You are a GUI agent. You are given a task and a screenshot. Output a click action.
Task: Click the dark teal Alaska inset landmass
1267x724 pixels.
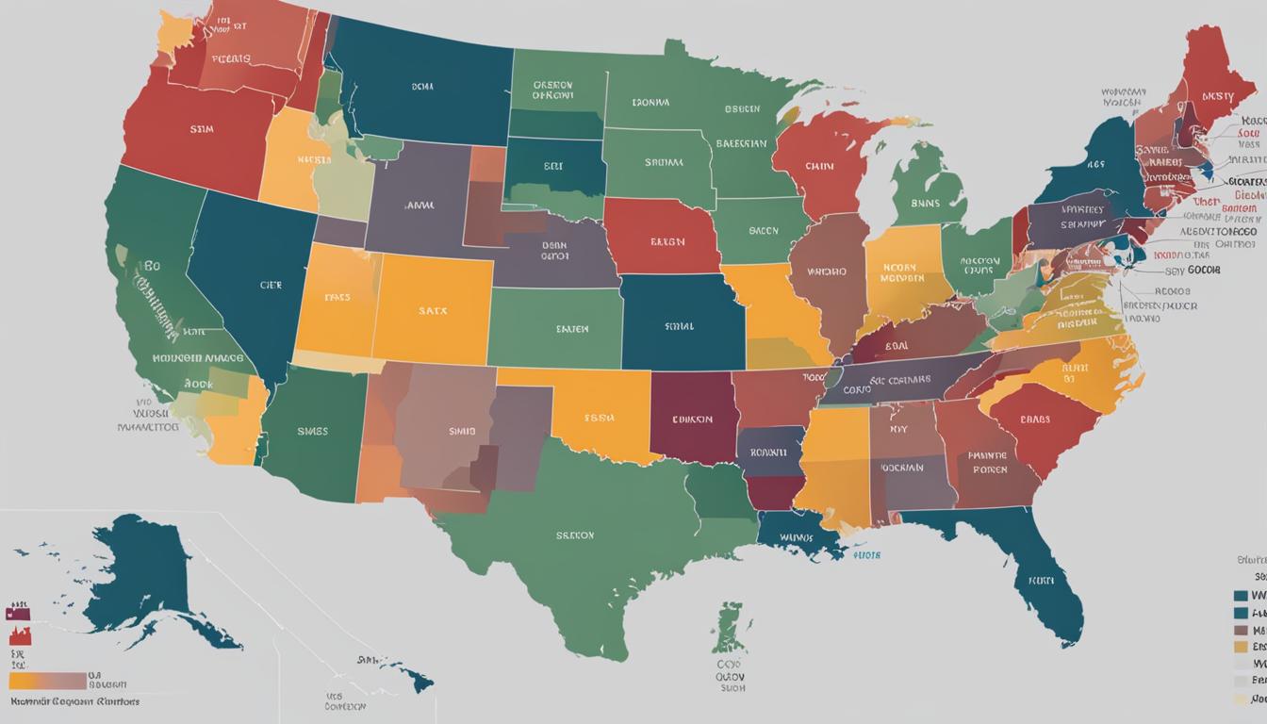pos(141,575)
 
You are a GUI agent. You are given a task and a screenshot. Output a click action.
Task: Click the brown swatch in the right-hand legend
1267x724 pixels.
pos(1242,630)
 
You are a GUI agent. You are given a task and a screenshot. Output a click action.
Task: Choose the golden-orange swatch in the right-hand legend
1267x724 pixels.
pos(1242,647)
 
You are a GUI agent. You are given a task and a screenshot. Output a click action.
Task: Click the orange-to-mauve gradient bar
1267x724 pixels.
pos(47,681)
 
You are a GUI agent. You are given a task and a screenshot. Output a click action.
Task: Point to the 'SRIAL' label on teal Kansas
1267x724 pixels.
pos(679,326)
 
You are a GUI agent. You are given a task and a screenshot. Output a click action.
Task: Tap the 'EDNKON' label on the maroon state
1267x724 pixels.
pos(692,420)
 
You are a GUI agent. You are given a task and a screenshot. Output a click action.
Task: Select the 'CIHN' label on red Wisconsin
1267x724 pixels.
pos(819,167)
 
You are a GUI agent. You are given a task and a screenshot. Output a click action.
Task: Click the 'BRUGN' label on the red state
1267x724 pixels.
pos(667,241)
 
